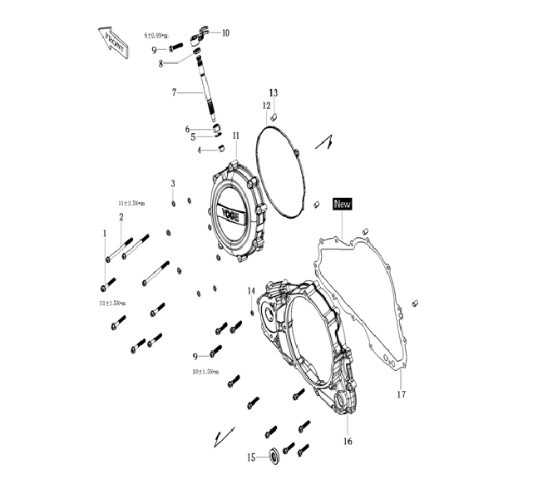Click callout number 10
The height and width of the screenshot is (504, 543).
point(225,32)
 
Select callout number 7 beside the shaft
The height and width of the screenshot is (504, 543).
point(175,92)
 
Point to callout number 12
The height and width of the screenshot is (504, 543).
point(266,106)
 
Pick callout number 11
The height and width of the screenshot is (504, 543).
point(236,136)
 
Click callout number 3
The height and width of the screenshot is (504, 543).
point(172,184)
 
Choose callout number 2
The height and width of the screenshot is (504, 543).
point(121,217)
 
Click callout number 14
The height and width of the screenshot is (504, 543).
point(250,290)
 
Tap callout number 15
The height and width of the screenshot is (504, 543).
point(251,457)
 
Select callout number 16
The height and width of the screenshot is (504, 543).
point(348,441)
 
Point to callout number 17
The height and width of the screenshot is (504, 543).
point(402,393)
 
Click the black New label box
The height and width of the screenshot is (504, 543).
point(343,203)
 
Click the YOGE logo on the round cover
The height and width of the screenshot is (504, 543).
point(230,214)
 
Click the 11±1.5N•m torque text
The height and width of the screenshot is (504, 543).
point(131,202)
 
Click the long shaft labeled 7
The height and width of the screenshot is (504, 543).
point(205,91)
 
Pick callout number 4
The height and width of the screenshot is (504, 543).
point(200,151)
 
